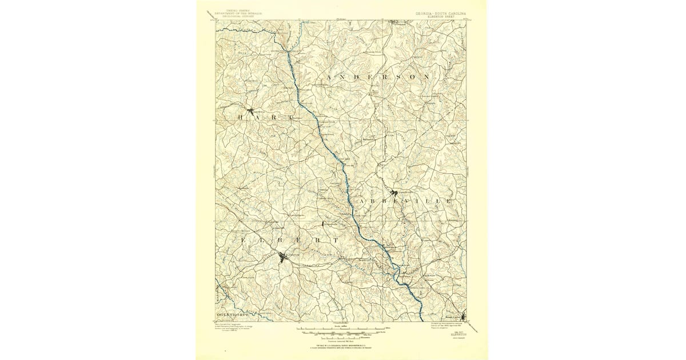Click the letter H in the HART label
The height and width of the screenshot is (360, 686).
[241, 117]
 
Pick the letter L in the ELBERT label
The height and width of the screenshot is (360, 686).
[260, 241]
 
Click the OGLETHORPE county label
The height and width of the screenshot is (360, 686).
[234, 315]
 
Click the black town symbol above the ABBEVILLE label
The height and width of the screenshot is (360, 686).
[394, 193]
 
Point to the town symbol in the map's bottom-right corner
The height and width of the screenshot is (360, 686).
[464, 316]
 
